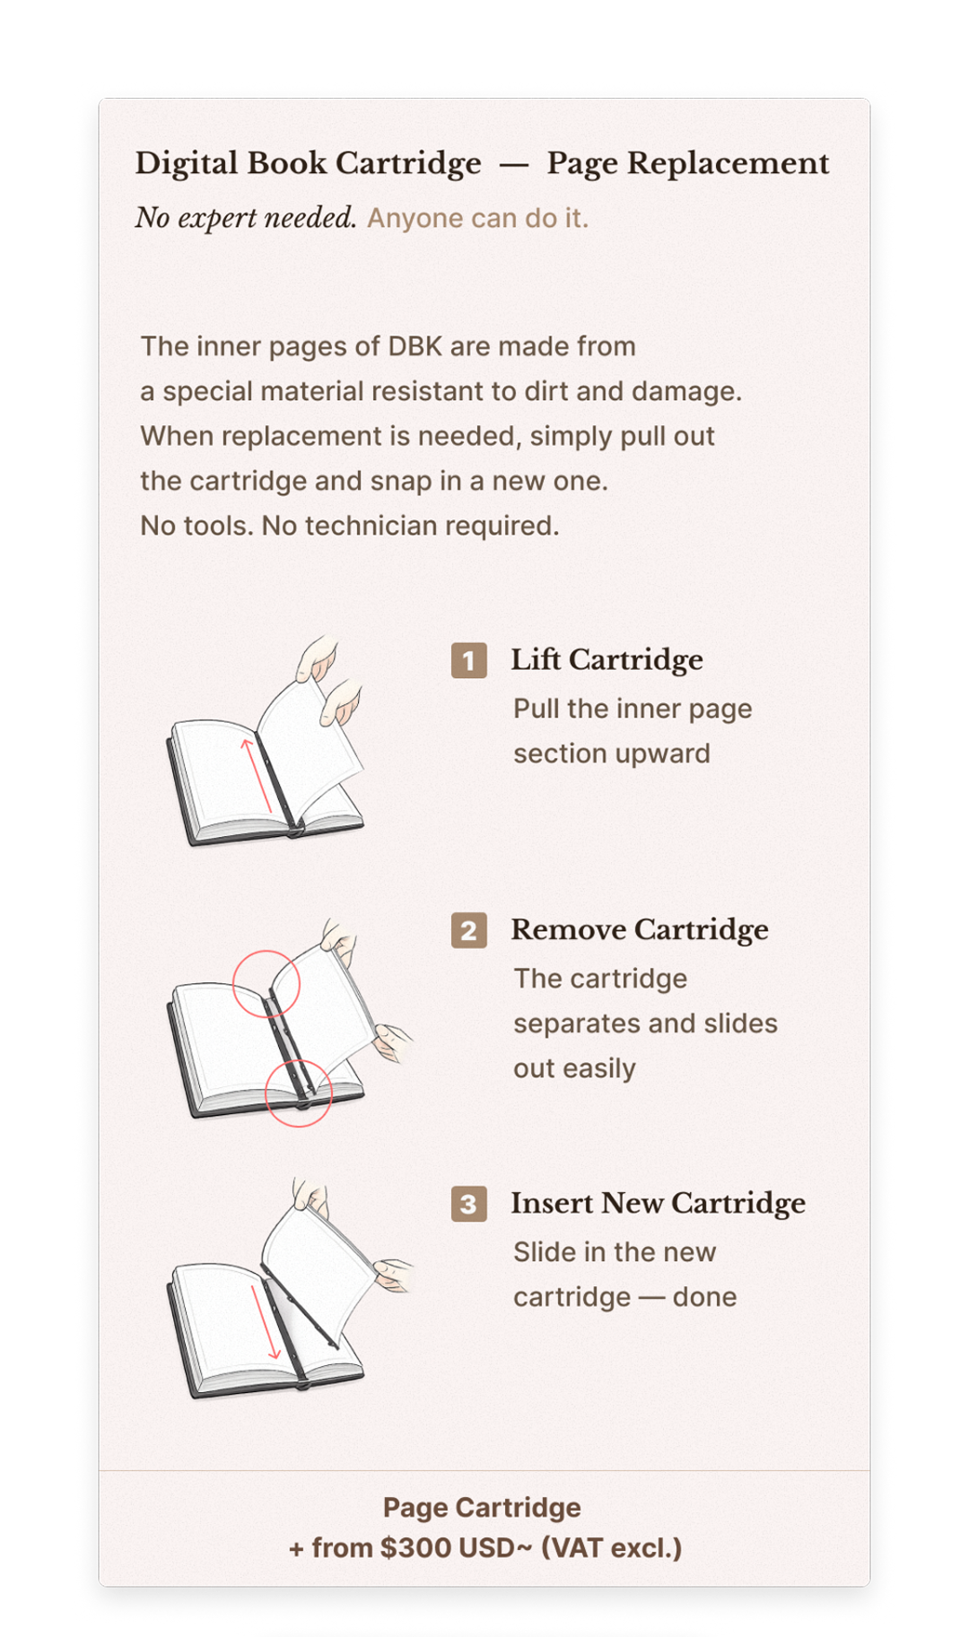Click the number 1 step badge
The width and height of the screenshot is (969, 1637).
[x=469, y=661]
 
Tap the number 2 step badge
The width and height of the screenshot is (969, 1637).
[x=469, y=931]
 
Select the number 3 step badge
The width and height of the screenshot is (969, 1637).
[x=469, y=1204]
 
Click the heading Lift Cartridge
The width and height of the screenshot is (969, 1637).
[x=607, y=660]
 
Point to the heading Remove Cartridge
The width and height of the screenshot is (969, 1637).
[x=640, y=930]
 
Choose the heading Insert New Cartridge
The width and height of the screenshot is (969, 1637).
[x=659, y=1204]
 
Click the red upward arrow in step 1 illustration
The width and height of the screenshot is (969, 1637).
[x=257, y=776]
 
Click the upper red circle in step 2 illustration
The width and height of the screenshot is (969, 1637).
[x=266, y=951]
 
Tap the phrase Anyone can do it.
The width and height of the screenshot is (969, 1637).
[x=478, y=218]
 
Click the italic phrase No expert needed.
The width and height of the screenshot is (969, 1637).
[x=246, y=218]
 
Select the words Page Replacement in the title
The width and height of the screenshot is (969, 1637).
[x=688, y=164]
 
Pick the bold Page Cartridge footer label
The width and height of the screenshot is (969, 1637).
[x=482, y=1508]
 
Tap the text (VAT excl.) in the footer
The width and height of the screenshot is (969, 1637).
[x=612, y=1548]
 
